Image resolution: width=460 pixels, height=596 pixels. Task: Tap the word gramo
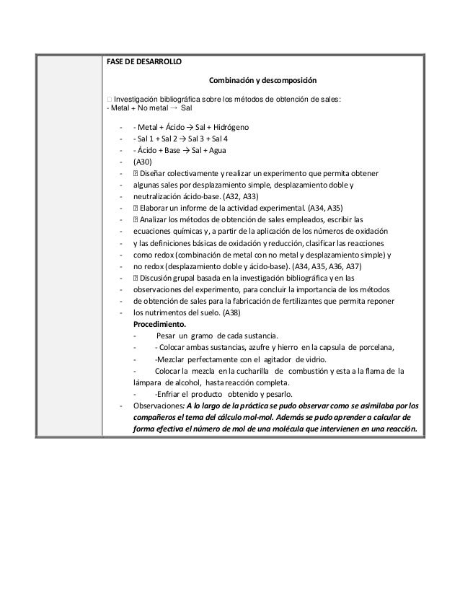[x=207, y=336]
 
